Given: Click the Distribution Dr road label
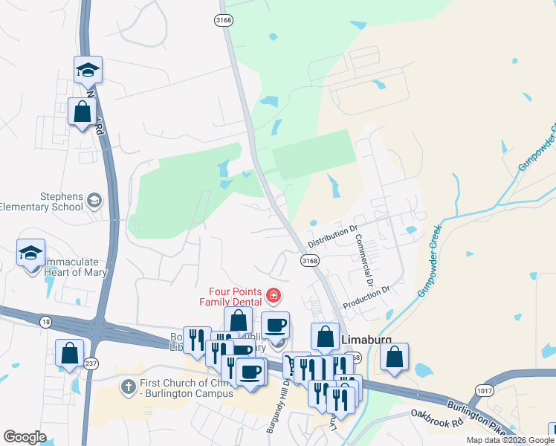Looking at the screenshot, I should coord(333,237).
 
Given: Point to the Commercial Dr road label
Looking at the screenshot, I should coord(363,261).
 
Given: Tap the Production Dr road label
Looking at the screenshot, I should coord(366,300).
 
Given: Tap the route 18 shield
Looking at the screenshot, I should coord(46,320).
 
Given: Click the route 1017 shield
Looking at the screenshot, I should coord(485,389).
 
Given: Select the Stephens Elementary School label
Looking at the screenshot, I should coord(42,201).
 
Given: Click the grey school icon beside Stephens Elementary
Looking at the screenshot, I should coord(94,201).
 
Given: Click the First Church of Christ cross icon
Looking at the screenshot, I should coord(127,387).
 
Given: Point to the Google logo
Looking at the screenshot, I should coord(25,437).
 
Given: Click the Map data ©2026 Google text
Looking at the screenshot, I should coord(510,441).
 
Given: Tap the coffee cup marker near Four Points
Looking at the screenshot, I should coord(275,324).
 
